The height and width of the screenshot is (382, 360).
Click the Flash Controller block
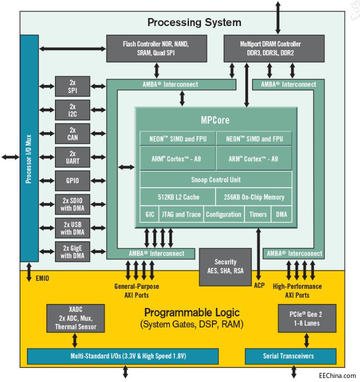point(156,48)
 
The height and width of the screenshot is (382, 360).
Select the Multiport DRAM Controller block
point(264,48)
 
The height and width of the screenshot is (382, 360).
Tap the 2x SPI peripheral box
point(72,87)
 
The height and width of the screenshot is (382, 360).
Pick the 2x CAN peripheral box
point(72,134)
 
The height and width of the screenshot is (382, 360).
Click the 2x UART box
point(72,157)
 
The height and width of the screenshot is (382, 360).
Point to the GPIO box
point(72,181)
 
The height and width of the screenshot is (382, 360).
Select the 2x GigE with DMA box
point(72,251)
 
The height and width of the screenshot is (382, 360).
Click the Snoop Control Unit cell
point(216,180)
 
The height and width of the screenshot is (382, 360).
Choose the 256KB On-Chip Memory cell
point(254,197)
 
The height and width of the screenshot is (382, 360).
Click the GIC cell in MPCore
point(149,214)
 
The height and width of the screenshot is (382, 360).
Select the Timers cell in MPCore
point(258,214)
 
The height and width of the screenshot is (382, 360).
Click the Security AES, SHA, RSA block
point(225,266)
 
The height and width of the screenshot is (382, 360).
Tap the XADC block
point(75,318)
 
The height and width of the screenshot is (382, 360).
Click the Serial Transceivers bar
point(292,356)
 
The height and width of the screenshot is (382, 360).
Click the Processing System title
point(194,23)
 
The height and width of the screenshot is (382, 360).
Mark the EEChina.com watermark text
point(337,375)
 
